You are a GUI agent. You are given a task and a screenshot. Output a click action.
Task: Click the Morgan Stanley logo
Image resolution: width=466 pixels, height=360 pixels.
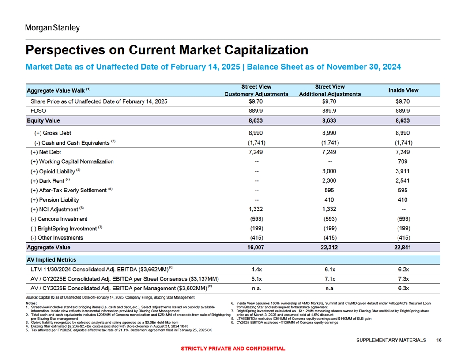53,28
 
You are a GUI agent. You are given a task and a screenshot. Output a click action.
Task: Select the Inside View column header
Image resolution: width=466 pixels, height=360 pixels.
403,90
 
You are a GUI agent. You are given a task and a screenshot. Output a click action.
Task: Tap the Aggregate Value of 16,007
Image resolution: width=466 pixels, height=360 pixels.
256,247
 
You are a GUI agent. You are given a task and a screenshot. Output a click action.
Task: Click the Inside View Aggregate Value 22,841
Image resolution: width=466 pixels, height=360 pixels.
402,247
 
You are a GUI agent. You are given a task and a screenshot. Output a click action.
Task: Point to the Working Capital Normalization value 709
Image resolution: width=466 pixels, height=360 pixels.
403,161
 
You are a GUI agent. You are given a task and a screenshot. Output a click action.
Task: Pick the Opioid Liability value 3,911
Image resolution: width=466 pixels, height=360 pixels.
403,171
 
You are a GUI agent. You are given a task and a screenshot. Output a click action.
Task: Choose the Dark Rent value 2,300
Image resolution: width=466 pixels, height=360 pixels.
329,180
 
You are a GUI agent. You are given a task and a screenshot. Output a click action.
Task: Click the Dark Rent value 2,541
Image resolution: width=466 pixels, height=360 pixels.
403,180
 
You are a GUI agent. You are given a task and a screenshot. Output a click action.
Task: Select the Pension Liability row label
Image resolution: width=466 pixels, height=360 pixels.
55,200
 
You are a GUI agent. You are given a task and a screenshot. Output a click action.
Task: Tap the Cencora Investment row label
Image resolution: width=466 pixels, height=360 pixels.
59,219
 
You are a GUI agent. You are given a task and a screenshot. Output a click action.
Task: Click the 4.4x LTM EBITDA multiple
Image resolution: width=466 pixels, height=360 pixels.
256,270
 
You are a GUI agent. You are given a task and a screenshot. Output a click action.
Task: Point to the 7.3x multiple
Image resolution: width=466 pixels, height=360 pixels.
403,279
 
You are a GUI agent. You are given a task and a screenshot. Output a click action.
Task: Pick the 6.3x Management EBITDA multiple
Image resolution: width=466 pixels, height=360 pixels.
403,289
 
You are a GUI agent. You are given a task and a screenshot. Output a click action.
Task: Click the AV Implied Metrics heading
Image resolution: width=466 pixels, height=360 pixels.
52,260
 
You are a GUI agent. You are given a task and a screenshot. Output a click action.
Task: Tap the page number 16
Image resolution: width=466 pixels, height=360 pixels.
439,341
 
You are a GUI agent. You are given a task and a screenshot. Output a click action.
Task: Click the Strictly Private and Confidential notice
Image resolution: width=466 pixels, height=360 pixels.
233,349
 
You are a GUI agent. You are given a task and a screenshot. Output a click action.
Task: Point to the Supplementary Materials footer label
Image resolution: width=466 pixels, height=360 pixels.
391,341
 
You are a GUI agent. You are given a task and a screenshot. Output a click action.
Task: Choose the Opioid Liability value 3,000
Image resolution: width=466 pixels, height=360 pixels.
329,171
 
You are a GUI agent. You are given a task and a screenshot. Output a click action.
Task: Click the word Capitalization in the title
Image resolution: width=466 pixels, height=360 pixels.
266,50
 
